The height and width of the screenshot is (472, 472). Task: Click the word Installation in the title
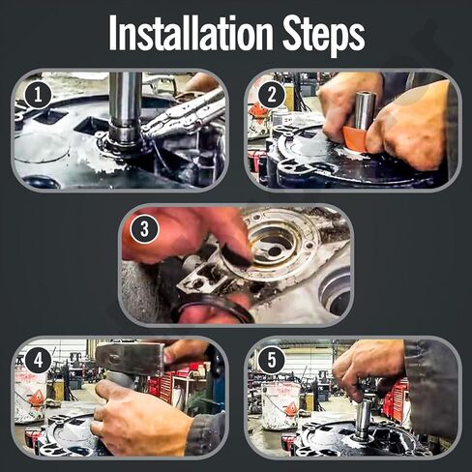(192, 32)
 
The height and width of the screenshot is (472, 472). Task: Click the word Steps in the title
(324, 35)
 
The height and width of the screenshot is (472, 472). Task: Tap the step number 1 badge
(38, 96)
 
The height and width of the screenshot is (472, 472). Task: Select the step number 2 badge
(272, 95)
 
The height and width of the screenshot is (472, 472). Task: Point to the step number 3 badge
(144, 229)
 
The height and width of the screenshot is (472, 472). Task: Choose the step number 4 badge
(38, 360)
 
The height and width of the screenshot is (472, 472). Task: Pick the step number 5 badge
(272, 360)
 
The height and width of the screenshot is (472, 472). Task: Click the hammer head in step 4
(130, 358)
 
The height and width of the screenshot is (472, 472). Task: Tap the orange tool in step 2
(355, 138)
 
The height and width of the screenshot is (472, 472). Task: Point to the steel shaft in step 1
(125, 103)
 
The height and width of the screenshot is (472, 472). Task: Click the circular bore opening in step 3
(274, 249)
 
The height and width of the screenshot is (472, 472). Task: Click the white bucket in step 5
(281, 407)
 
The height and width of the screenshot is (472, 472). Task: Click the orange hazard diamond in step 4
(37, 398)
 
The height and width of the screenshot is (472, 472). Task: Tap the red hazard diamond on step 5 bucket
(292, 409)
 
